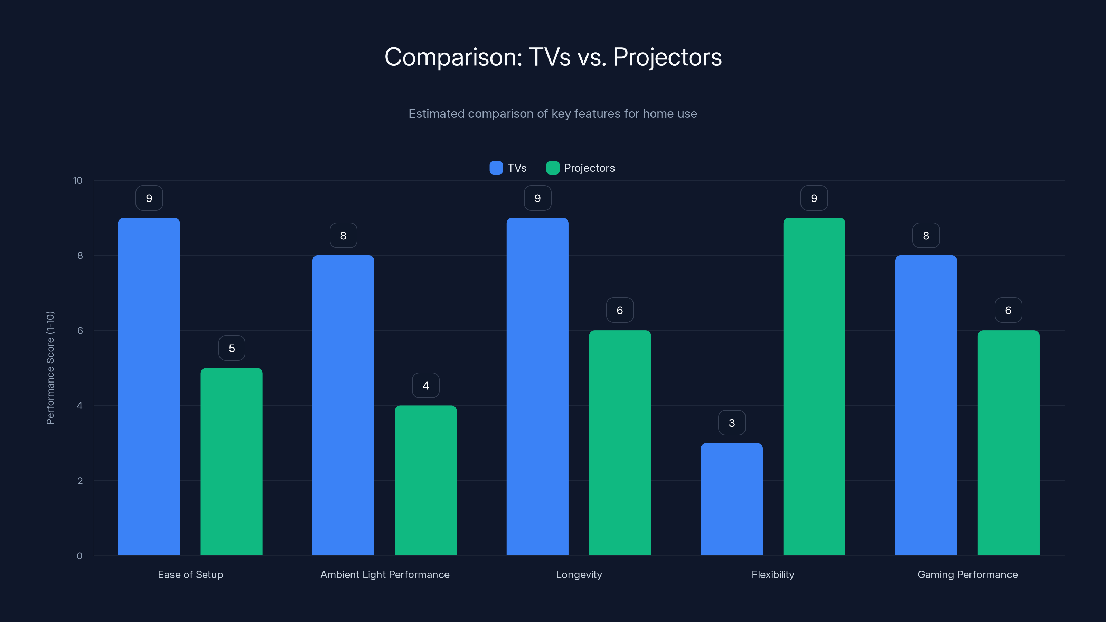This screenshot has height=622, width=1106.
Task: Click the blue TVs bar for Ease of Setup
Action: [x=149, y=386]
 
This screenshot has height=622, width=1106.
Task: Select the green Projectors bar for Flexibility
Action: [x=814, y=386]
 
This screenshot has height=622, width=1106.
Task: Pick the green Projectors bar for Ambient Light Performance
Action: [x=425, y=480]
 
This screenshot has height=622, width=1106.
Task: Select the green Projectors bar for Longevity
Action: [x=620, y=443]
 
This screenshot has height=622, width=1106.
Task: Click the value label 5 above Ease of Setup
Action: [x=232, y=348]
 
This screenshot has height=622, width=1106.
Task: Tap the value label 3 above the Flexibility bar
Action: [x=732, y=423]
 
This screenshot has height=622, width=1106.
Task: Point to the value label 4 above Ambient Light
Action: [x=425, y=386]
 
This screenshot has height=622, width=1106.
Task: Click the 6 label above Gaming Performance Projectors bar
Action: [x=1008, y=310]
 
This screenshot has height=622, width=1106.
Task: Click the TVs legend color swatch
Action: [x=496, y=168]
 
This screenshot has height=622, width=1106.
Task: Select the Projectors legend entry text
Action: [x=589, y=168]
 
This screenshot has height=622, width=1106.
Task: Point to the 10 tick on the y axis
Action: [x=78, y=180]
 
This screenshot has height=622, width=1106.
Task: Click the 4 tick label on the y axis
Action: [x=79, y=406]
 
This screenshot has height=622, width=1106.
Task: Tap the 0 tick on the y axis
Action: [x=79, y=556]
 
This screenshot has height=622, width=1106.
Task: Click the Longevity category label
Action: [x=579, y=574]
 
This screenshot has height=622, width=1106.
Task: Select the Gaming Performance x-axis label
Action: [x=967, y=574]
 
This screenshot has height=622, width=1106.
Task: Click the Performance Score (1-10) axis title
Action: [x=50, y=368]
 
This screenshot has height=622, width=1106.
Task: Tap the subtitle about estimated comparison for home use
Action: [x=553, y=114]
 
